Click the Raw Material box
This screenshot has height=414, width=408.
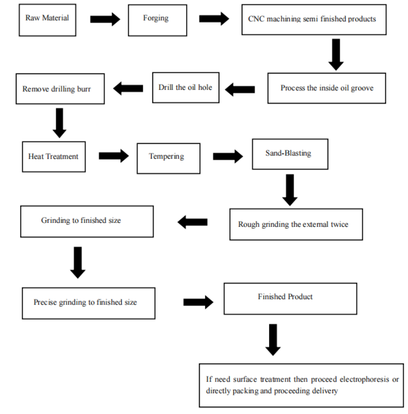48,20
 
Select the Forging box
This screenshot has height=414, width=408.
158,20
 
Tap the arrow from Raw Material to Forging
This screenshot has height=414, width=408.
105,19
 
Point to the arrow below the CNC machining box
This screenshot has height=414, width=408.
336,55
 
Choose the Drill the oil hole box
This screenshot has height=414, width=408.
186,87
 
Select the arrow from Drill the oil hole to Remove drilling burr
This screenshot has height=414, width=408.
128,88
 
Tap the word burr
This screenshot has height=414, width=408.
84,89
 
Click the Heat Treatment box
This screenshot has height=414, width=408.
54,157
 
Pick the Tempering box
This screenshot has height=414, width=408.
168,159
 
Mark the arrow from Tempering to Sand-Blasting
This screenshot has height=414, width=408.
228,156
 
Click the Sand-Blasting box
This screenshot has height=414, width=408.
290,154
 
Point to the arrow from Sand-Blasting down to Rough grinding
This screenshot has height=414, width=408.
290,190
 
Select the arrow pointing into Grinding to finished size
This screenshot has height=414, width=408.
192,222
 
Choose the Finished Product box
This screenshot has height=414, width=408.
290,299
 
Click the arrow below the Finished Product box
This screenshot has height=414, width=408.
273,340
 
